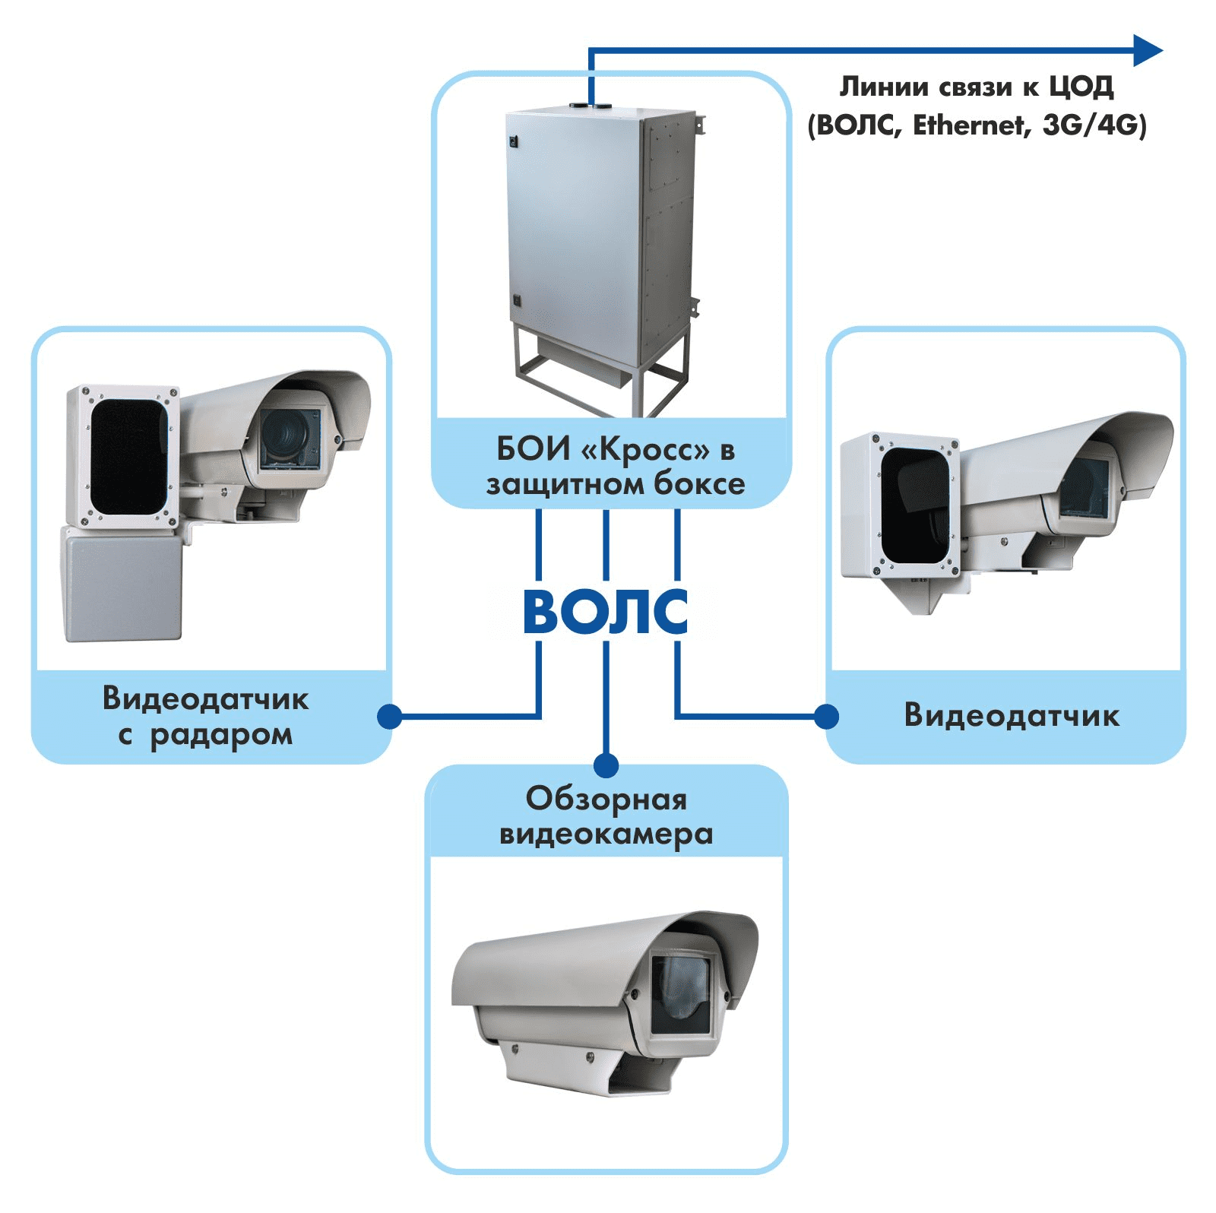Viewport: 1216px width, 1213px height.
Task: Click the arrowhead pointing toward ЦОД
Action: [1148, 51]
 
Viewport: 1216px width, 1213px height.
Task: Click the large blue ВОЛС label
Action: [606, 612]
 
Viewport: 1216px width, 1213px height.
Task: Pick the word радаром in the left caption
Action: [221, 735]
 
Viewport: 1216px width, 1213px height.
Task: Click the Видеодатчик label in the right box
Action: [1011, 715]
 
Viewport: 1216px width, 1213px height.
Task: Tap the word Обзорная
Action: [606, 799]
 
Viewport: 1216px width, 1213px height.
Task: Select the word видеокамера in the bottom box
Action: [606, 834]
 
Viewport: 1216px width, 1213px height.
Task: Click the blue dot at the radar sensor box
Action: [390, 716]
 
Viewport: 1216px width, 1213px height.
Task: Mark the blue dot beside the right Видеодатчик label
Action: [826, 716]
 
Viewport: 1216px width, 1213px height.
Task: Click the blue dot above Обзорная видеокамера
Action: [606, 765]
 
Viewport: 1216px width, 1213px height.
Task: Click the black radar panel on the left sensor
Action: [128, 456]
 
